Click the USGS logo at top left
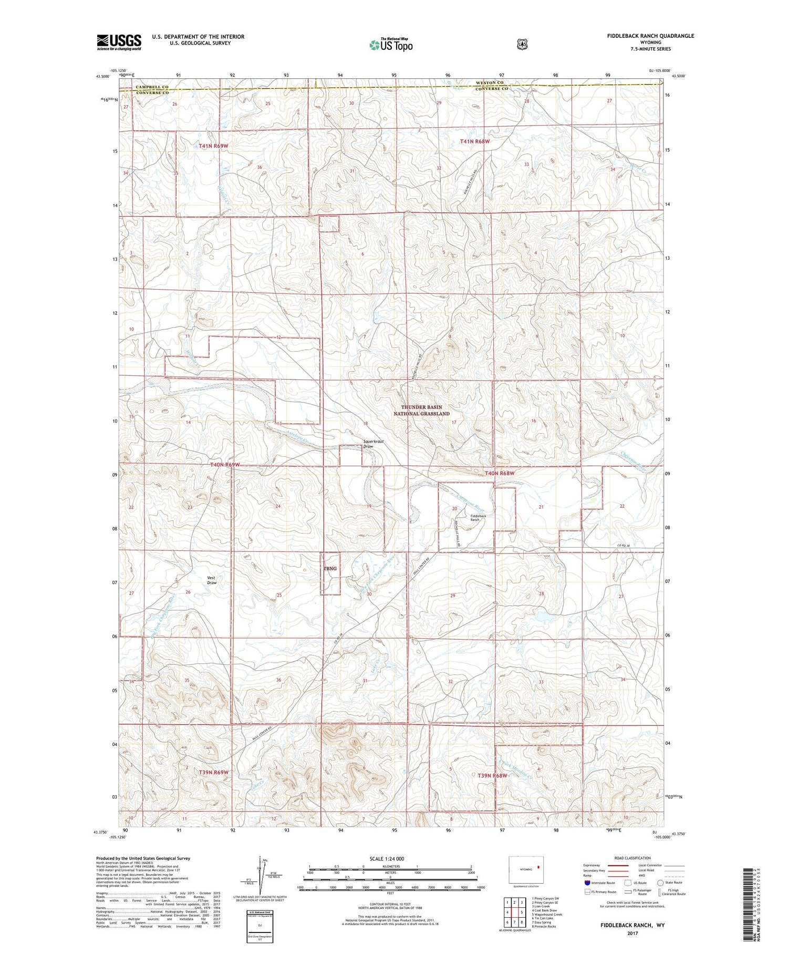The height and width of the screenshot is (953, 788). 119,42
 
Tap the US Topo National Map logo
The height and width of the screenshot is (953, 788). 391,44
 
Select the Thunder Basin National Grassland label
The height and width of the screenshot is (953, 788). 421,410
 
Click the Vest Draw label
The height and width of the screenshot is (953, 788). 211,580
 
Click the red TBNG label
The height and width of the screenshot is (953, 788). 330,568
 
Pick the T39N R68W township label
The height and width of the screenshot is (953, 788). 492,775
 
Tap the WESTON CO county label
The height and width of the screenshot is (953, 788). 490,83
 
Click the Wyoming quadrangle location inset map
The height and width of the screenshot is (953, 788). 526,870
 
